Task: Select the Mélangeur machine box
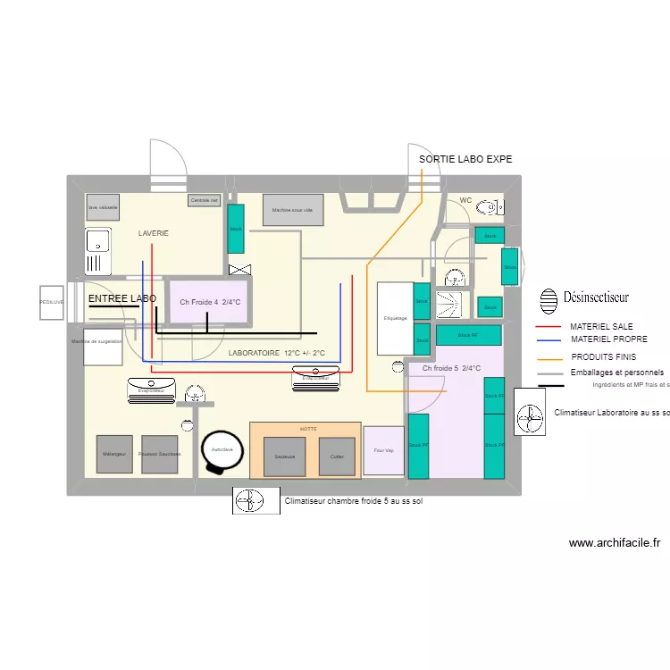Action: (x=114, y=454)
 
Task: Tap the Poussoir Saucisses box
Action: (x=161, y=454)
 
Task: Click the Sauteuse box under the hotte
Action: (x=285, y=456)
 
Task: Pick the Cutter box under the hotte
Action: (x=337, y=456)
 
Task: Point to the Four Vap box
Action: (x=383, y=450)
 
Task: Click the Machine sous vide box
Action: (x=292, y=210)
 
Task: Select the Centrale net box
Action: (x=204, y=201)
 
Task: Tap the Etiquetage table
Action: (x=395, y=317)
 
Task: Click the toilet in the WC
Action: (x=489, y=208)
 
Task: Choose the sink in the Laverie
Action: (x=96, y=251)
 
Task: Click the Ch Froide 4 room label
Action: (x=210, y=302)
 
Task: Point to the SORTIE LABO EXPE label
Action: (x=465, y=159)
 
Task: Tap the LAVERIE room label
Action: (x=154, y=233)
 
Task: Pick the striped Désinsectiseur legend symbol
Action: (x=549, y=297)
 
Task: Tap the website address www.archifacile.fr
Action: (x=613, y=542)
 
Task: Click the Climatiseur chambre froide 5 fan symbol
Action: (x=255, y=500)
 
